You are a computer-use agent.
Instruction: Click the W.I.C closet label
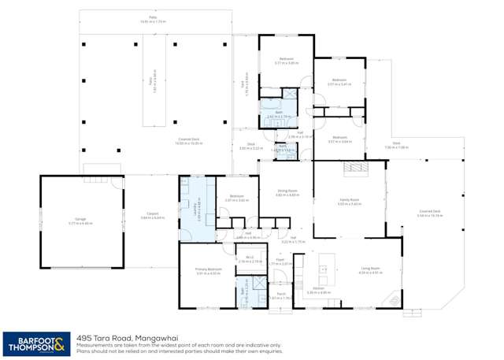[x=250, y=258]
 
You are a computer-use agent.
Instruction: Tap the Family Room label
[x=349, y=201]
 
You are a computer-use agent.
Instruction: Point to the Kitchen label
[x=321, y=290]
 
